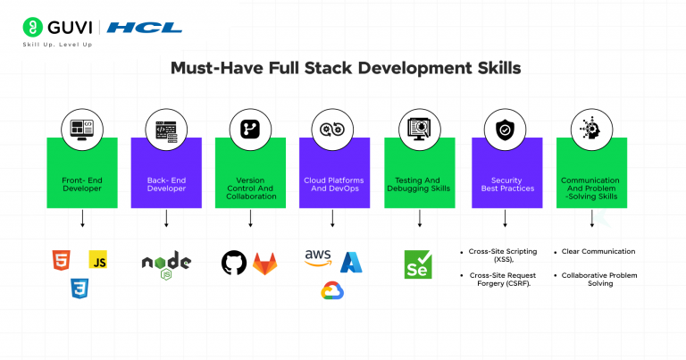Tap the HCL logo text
click(145, 28)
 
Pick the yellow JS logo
click(98, 260)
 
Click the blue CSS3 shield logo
click(80, 289)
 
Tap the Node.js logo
click(166, 263)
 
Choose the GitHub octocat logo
click(234, 263)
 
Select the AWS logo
click(318, 259)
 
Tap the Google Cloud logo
click(333, 290)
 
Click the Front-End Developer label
click(82, 185)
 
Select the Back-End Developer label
click(166, 185)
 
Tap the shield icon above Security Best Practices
click(504, 130)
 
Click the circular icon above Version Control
click(250, 130)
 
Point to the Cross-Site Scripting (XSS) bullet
click(506, 255)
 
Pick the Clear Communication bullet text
click(599, 251)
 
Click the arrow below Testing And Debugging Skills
click(420, 218)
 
